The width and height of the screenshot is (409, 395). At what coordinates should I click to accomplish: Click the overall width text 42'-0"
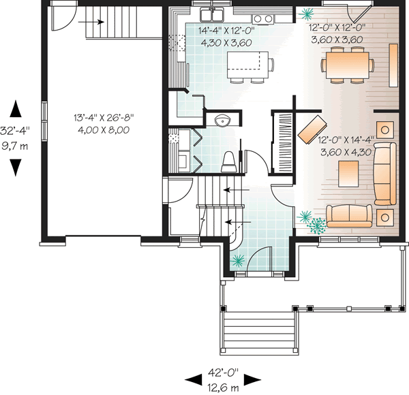224,373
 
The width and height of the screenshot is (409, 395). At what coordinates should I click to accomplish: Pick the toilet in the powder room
230,161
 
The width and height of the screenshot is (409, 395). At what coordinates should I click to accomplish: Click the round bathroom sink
222,121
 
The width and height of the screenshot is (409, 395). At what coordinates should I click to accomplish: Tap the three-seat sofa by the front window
348,215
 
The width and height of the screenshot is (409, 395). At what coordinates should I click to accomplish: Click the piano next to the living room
282,143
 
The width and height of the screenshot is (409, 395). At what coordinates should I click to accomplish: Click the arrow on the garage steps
95,22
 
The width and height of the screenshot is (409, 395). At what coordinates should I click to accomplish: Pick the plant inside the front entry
238,259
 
